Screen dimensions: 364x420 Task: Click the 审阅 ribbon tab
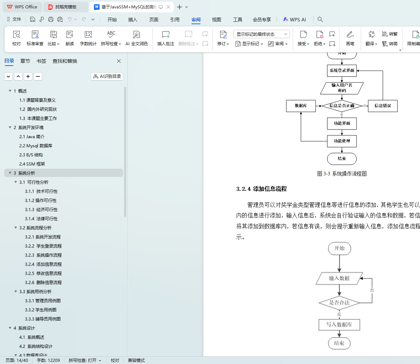point(196,20)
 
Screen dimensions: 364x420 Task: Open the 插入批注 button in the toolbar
point(166,38)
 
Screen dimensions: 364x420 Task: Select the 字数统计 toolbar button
point(88,38)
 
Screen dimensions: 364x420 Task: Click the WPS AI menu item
point(294,20)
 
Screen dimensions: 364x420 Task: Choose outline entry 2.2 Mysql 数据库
point(36,146)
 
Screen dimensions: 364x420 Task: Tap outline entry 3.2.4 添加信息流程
point(43,264)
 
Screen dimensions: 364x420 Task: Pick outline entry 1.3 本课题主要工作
point(38,119)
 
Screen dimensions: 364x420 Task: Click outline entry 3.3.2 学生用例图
point(41,310)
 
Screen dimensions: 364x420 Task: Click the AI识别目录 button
point(107,76)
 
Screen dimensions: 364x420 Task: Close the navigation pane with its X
point(119,61)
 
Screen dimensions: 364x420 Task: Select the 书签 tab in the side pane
point(41,61)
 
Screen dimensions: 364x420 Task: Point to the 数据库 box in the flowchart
point(301,106)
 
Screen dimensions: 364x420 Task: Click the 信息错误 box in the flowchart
point(382,106)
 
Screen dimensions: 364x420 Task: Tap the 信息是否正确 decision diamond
point(342,106)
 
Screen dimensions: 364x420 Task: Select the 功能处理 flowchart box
point(342,141)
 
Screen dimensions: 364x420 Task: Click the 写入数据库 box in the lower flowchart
point(339,325)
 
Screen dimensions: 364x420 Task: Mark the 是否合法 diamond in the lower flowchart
point(339,303)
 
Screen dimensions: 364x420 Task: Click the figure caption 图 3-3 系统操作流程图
point(342,174)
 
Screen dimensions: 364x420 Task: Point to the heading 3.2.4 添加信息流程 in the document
point(262,189)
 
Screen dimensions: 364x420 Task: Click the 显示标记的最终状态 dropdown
point(262,34)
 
